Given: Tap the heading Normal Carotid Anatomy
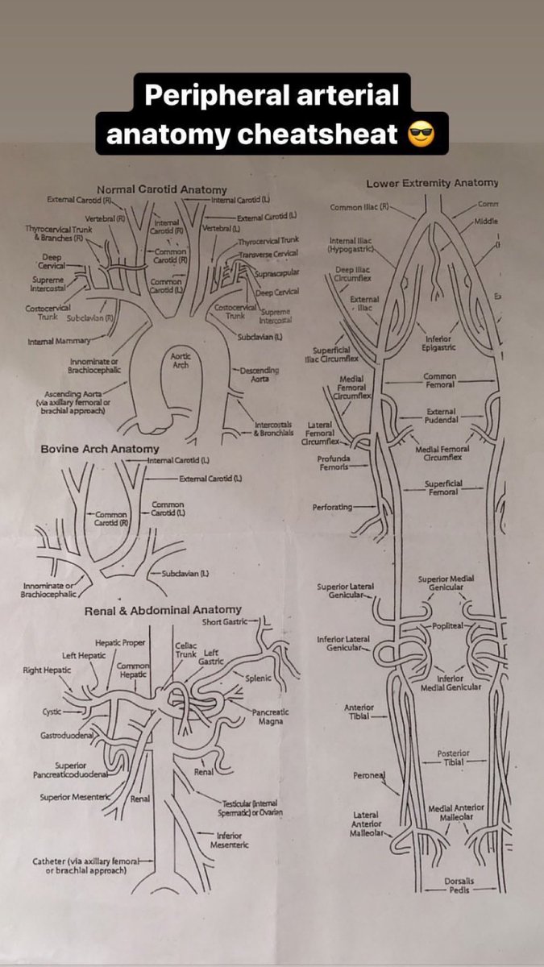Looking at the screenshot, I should click(x=162, y=189).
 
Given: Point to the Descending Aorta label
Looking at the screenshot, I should click(x=259, y=374).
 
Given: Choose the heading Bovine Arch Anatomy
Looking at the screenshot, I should click(x=100, y=448).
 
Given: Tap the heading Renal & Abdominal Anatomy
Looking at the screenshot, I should click(x=163, y=611).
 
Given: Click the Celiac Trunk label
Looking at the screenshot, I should click(x=185, y=650).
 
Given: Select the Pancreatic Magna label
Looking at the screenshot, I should click(x=271, y=717).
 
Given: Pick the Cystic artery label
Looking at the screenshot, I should click(x=52, y=712).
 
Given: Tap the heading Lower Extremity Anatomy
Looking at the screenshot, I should click(x=432, y=183).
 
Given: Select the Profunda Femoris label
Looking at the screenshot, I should click(x=333, y=463).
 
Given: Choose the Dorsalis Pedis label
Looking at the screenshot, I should click(x=459, y=886).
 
